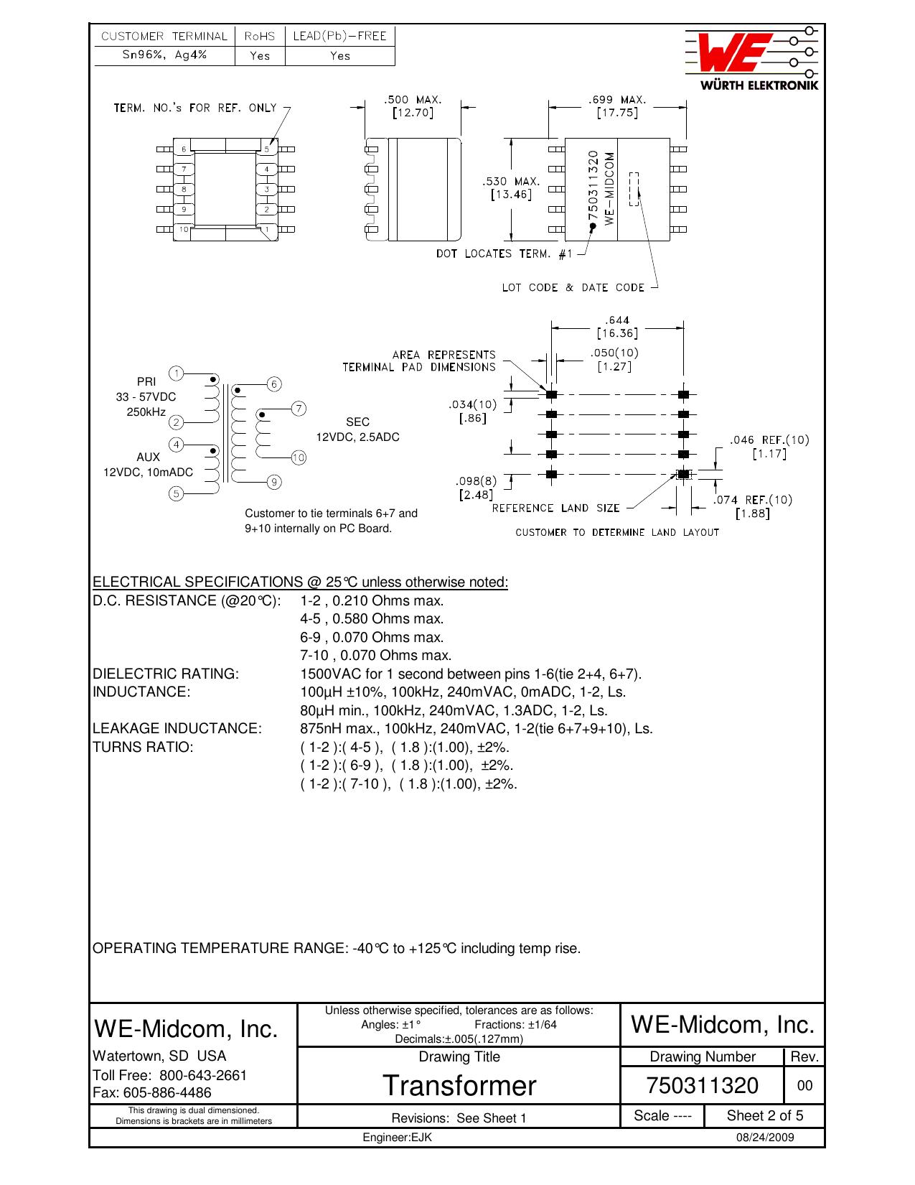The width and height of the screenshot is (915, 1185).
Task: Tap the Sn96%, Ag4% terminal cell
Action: coord(164,55)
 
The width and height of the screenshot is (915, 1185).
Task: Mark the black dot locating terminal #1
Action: coord(592,226)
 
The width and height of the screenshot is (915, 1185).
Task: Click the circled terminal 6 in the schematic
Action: coord(274,384)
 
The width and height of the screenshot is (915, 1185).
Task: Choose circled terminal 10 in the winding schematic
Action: coord(299,457)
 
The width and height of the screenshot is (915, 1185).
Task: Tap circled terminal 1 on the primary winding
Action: coord(176,373)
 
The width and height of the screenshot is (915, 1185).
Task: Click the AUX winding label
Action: coord(149,457)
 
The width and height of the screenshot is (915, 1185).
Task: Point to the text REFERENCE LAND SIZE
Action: coord(556,508)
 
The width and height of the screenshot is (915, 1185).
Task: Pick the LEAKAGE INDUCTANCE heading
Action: coord(177,728)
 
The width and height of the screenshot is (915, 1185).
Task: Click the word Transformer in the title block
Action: coord(459,1085)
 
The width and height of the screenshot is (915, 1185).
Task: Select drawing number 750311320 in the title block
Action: coord(702,1085)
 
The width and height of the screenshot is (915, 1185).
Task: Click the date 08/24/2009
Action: coord(765,1138)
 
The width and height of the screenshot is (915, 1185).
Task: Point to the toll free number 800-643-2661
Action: coord(202,1075)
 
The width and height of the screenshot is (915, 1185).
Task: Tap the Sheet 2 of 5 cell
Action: coord(764,1116)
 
